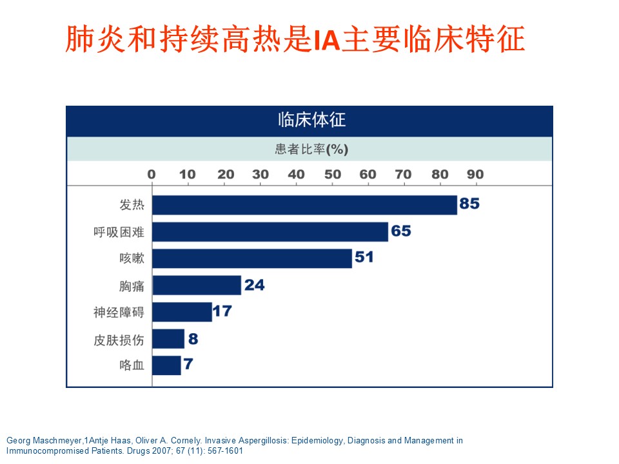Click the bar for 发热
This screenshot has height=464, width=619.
[x=304, y=205]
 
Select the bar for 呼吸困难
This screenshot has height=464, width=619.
[x=270, y=231]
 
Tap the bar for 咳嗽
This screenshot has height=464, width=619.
[x=252, y=258]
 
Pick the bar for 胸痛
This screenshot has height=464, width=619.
[x=197, y=285]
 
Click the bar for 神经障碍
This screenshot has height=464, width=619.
[x=182, y=312]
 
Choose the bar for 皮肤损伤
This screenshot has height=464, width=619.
[x=168, y=338]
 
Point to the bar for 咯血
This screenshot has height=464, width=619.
[x=166, y=365]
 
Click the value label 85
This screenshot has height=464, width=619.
[x=469, y=204]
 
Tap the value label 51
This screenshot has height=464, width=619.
[x=364, y=258]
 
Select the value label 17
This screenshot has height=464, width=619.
[x=222, y=311]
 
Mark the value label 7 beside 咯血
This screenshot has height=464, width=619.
[x=188, y=365]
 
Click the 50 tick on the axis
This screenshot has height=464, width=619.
[x=333, y=174]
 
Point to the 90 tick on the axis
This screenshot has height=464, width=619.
[x=475, y=174]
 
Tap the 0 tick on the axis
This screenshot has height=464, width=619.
[x=152, y=174]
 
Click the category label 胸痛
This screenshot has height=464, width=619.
[x=132, y=285]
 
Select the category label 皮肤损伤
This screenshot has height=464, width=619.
[x=119, y=339]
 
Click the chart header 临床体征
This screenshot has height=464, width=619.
[x=309, y=121]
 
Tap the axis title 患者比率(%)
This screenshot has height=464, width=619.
[x=311, y=150]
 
